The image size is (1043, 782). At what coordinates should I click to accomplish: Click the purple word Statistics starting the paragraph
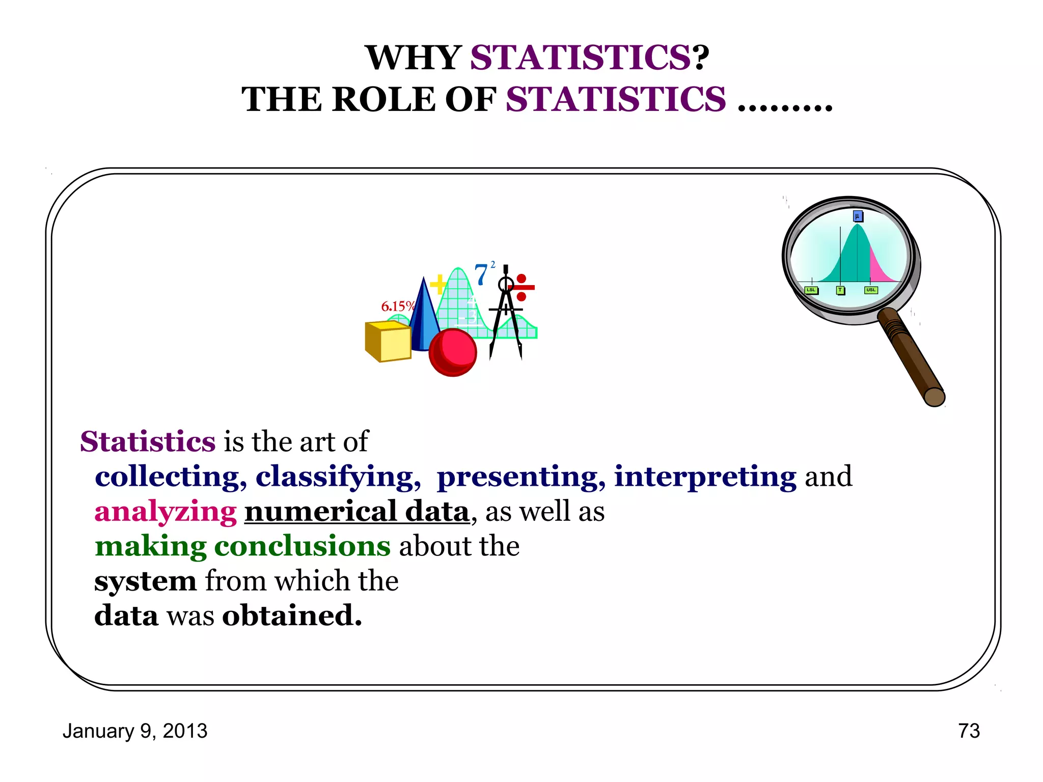coord(148,441)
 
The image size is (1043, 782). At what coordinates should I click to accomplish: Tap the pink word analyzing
coord(166,511)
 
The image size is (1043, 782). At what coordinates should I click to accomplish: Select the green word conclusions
coord(303,546)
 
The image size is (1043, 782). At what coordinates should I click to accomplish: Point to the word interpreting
coord(705,477)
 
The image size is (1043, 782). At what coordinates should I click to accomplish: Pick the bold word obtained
coord(292,616)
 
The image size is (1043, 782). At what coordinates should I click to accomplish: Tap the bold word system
coord(145,581)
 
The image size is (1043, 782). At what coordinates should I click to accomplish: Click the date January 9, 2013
coord(135,731)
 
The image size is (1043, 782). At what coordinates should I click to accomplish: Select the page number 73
coord(969,731)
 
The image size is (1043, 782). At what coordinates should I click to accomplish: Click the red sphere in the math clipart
coord(453,352)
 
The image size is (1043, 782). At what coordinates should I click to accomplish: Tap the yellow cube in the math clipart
coord(389,341)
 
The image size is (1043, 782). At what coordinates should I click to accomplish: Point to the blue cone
coord(423,321)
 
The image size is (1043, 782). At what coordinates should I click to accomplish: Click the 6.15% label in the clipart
coord(397,306)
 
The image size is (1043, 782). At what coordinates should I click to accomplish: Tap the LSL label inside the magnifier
coord(811,290)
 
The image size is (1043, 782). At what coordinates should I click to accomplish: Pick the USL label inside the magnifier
coord(871,290)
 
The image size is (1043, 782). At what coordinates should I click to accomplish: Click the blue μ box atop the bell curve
coord(858,216)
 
